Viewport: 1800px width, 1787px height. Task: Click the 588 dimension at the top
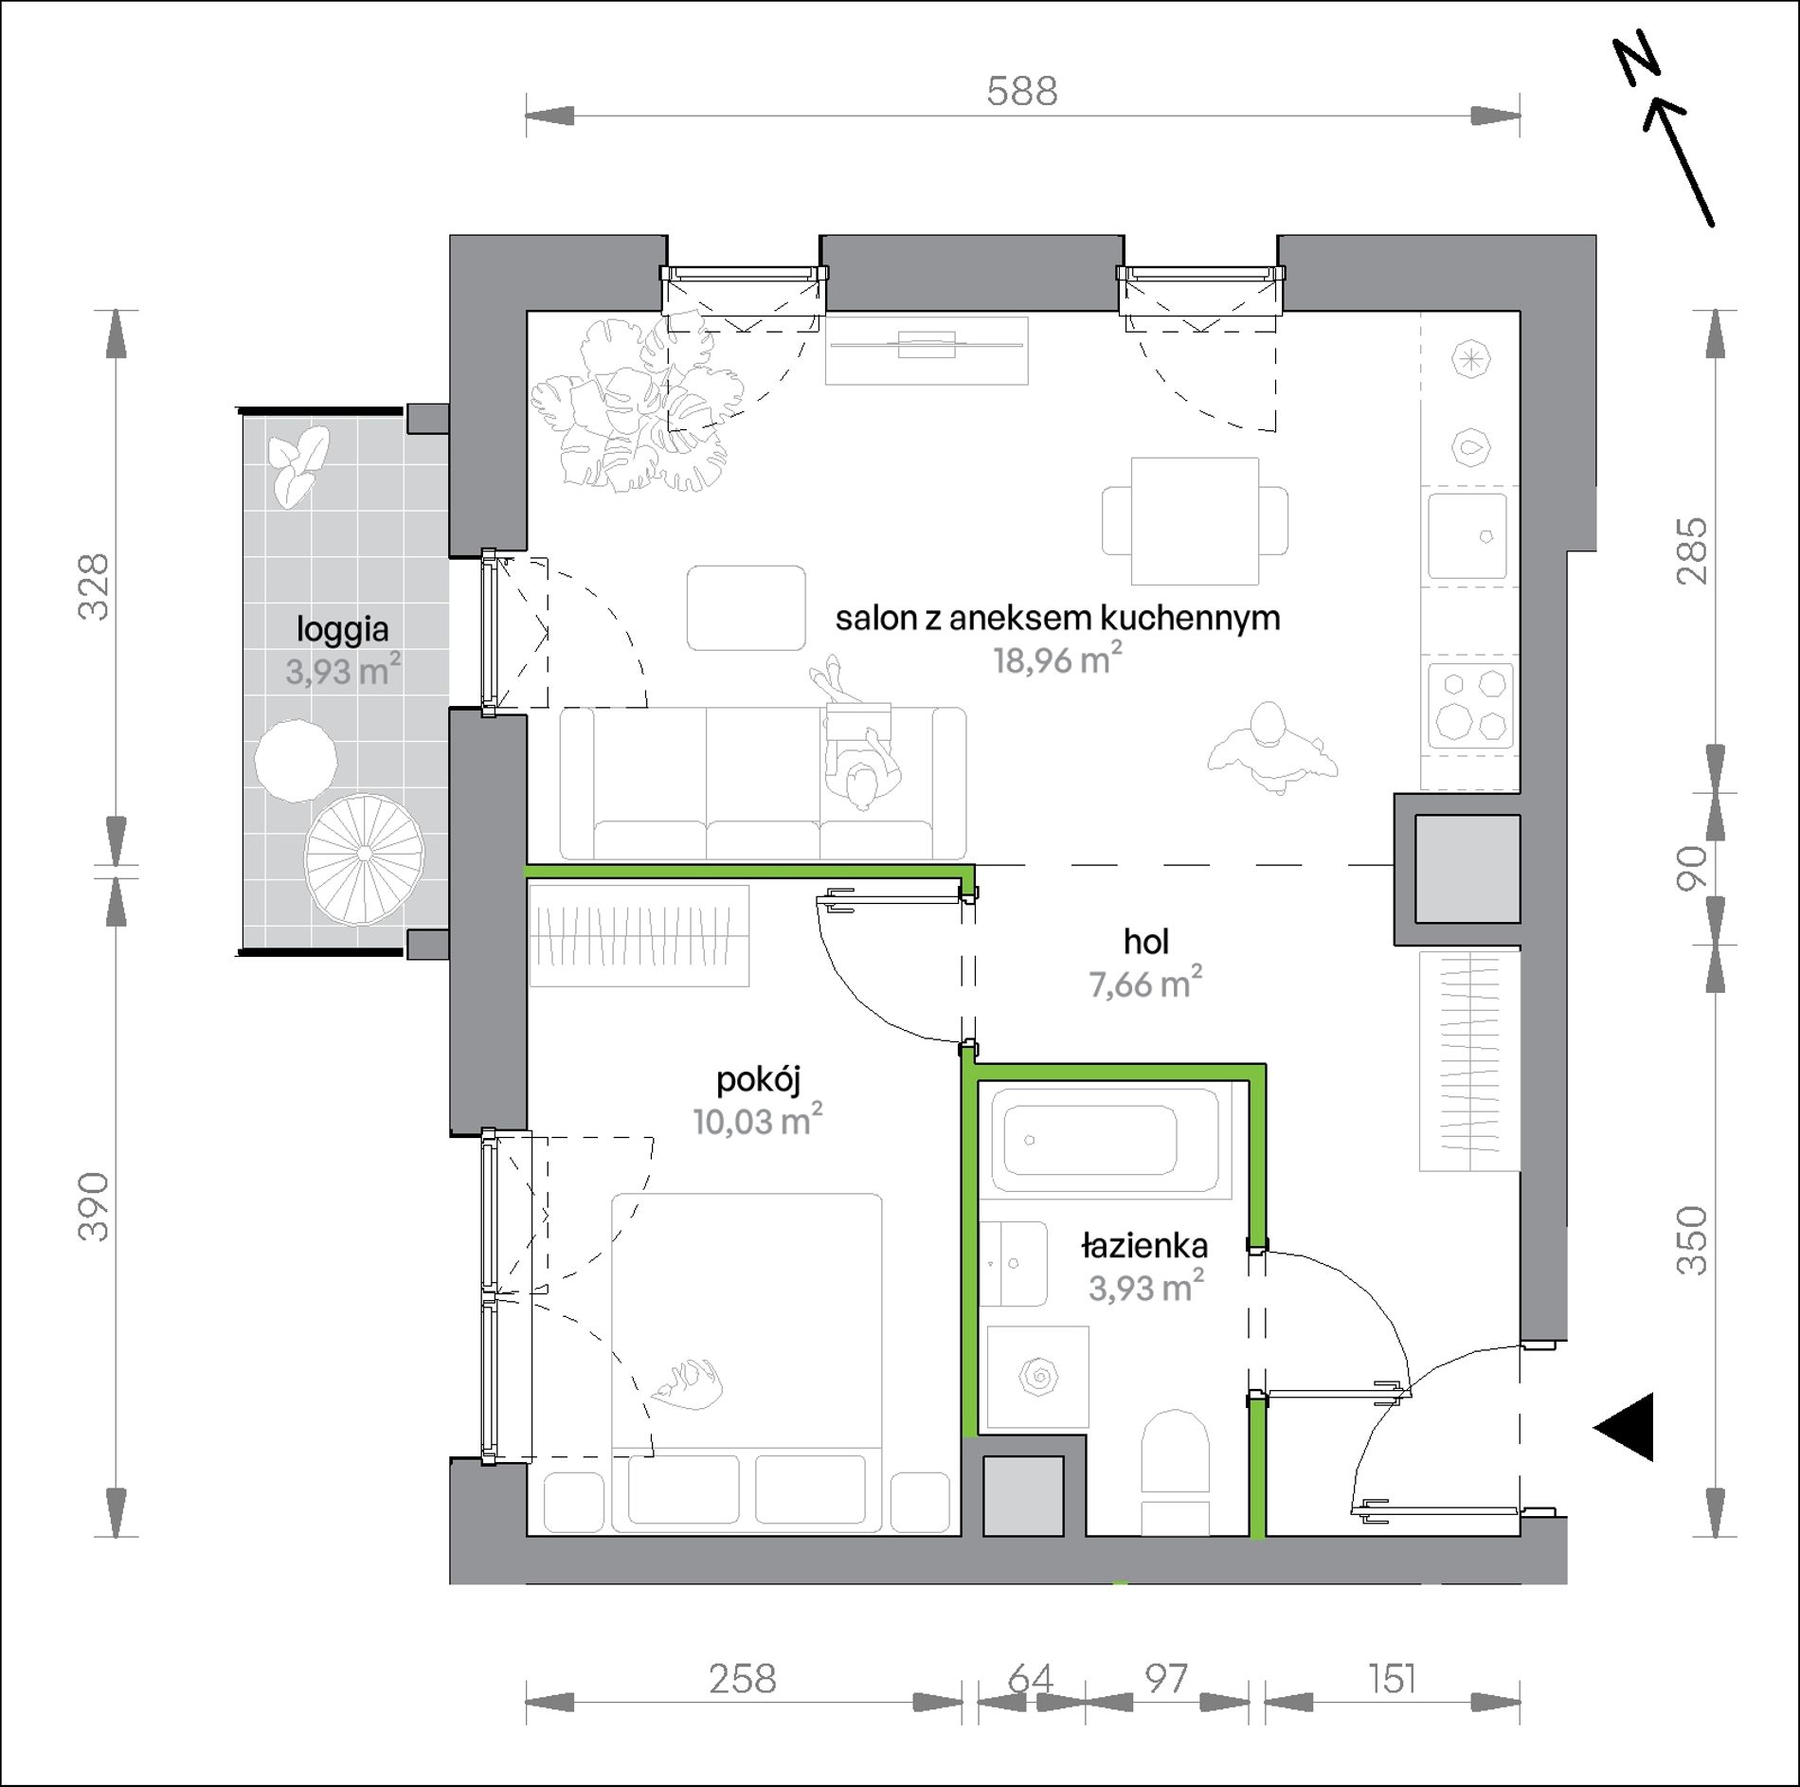click(1021, 92)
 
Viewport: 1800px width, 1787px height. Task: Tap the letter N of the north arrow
click(1638, 64)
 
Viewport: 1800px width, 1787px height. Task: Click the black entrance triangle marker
click(1625, 1427)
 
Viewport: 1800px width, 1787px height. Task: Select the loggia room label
click(343, 630)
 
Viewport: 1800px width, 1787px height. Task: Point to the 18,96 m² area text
click(1057, 659)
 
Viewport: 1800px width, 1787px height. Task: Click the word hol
click(1146, 942)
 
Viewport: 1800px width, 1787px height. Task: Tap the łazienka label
click(1144, 1247)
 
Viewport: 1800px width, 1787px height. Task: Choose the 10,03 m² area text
click(757, 1120)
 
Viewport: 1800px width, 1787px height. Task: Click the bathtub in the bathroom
click(1105, 1140)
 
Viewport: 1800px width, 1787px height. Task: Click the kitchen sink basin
click(1467, 535)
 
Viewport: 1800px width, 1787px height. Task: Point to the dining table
click(1196, 521)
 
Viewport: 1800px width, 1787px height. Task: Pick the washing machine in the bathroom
click(1037, 1377)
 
